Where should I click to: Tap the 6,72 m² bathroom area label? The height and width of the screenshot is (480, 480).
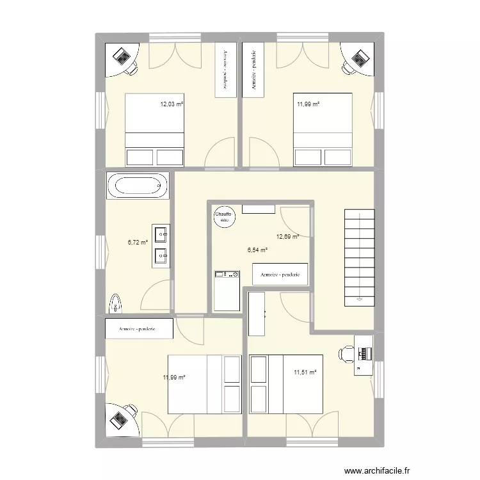(138, 243)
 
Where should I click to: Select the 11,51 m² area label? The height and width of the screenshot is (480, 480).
(305, 372)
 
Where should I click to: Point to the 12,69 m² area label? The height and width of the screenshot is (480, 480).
(288, 237)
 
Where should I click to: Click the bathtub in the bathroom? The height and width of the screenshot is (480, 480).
(138, 187)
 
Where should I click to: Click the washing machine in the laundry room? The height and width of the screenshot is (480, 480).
(227, 291)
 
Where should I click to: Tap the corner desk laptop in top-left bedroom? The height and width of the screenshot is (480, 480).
(121, 56)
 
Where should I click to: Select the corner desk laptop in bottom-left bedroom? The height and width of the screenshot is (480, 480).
(119, 419)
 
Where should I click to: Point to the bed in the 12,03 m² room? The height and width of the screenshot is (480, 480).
(155, 130)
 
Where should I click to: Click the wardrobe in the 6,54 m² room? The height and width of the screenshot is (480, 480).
(280, 275)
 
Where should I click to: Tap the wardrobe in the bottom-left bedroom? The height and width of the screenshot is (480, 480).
(139, 329)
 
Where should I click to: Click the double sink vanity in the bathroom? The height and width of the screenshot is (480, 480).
(159, 244)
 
